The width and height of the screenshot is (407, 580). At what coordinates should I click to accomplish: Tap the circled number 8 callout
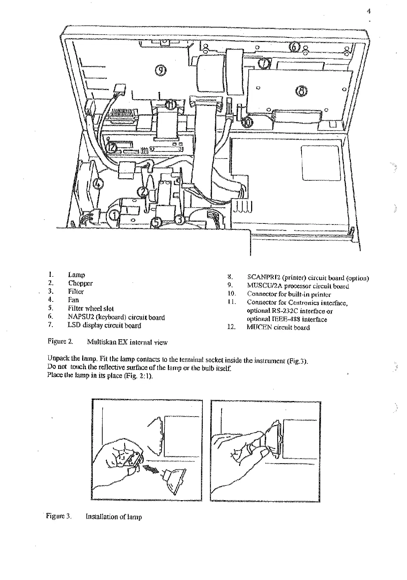(301, 91)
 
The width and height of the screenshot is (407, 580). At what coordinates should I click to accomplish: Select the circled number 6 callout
(294, 46)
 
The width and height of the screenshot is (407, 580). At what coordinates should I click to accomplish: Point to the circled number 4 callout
(98, 183)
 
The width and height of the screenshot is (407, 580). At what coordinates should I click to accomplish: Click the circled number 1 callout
(114, 214)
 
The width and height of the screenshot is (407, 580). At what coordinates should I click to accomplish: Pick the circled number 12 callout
(112, 148)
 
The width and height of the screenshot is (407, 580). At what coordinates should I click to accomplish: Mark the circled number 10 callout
(248, 122)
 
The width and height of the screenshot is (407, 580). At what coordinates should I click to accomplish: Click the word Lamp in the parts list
(77, 275)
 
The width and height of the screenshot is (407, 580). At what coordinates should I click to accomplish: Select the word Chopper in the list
(80, 283)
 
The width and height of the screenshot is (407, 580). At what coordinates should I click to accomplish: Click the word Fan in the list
(73, 300)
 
